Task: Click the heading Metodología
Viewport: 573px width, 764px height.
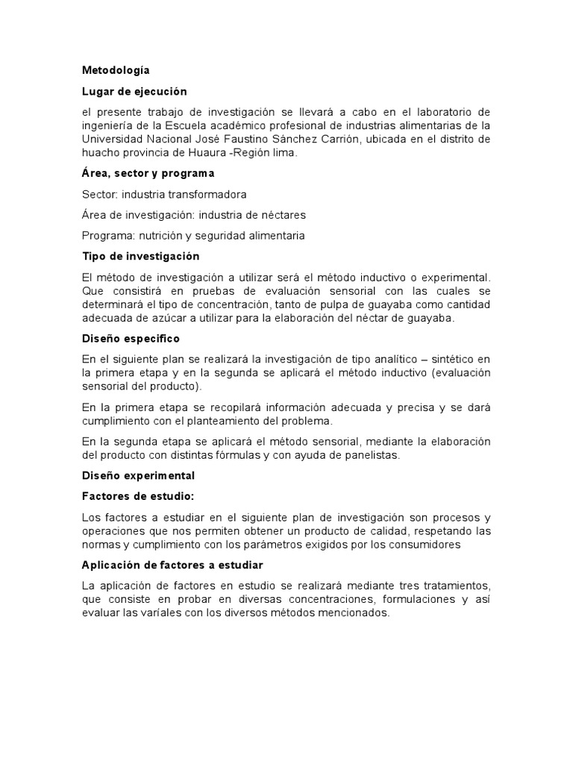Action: click(x=116, y=71)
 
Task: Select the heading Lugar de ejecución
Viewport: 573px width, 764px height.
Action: click(x=134, y=92)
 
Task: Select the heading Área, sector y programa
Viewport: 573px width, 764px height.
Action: click(x=147, y=173)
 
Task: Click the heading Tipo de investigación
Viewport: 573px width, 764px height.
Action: click(x=140, y=256)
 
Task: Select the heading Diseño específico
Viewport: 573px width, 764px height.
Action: click(x=131, y=338)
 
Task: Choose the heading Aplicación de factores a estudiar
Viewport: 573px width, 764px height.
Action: click(x=172, y=565)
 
